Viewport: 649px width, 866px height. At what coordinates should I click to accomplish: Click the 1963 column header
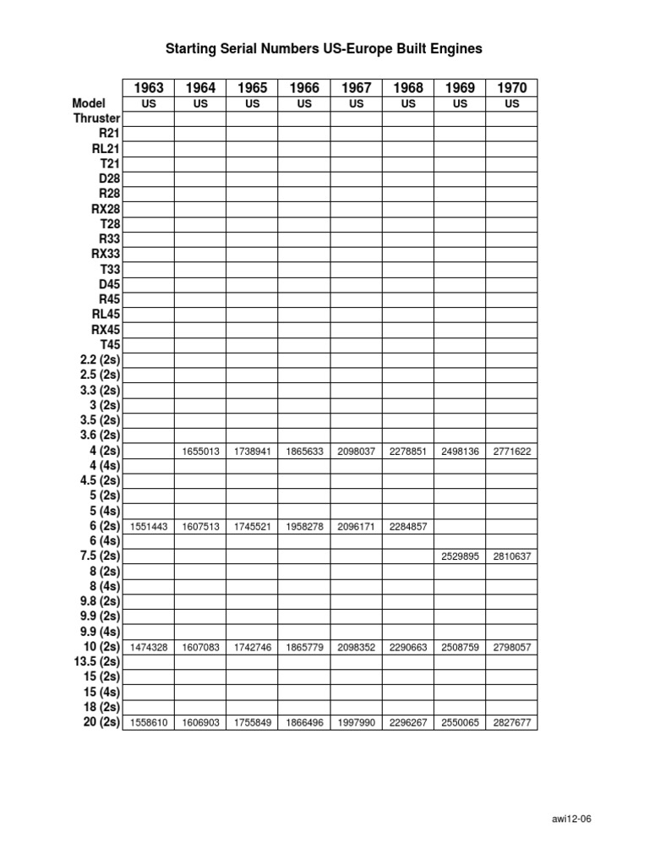coord(149,88)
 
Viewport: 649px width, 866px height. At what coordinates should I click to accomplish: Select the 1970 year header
coord(511,88)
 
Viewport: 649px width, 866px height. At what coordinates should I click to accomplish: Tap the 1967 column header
coord(356,88)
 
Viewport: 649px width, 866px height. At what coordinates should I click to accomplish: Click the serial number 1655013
coord(200,452)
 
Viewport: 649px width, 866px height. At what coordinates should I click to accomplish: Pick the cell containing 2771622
coord(511,452)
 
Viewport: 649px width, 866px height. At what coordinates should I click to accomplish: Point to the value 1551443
coord(149,527)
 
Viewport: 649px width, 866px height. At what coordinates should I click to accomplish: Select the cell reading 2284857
coord(408,527)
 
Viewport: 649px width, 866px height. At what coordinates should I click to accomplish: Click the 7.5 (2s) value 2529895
coord(460,557)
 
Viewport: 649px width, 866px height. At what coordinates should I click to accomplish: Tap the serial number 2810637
coord(511,557)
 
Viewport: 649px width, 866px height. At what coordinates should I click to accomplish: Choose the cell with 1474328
coord(149,648)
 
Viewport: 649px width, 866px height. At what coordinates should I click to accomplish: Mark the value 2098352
coord(356,648)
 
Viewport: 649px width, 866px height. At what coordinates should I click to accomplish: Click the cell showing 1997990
coord(356,724)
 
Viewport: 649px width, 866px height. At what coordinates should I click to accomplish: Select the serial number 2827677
coord(511,724)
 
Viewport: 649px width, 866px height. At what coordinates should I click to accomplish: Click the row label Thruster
coord(96,118)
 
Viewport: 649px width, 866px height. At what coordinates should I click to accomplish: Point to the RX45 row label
coord(106,330)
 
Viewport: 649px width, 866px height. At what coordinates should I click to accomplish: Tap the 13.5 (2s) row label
coord(97,661)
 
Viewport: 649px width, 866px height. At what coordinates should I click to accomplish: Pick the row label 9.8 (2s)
coord(100,601)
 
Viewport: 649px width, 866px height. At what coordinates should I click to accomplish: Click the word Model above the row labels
coord(89,103)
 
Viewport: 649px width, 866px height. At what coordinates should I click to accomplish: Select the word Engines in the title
coord(455,49)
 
